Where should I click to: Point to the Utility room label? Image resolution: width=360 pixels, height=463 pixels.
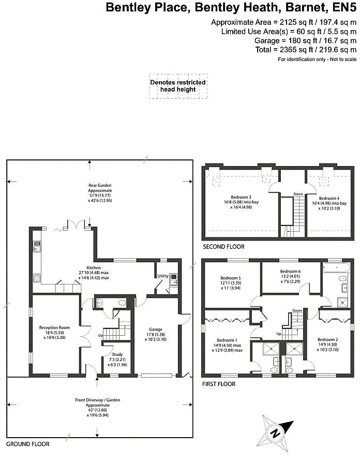click(163, 276)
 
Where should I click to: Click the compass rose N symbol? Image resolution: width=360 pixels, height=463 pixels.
click(276, 434)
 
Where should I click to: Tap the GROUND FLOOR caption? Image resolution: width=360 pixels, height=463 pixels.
click(28, 444)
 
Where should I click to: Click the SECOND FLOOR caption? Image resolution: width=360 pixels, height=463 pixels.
click(223, 247)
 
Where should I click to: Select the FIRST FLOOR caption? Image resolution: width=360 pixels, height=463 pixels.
click(219, 384)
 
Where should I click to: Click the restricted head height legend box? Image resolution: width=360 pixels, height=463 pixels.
click(178, 86)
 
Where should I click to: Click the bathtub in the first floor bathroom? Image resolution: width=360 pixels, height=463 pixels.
click(336, 268)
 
